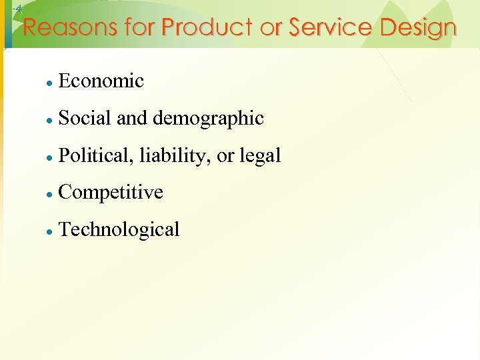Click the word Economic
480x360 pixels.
(101, 81)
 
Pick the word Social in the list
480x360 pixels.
(85, 119)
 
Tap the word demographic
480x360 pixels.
(208, 119)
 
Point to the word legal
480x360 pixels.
(260, 157)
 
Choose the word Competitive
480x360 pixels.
(111, 193)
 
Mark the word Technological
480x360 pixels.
(119, 230)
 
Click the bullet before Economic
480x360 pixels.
(49, 83)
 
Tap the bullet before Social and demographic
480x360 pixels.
(49, 120)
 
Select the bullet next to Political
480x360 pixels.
(49, 157)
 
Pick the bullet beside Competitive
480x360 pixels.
(49, 194)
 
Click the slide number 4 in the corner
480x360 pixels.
(18, 8)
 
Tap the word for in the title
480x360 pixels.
(139, 28)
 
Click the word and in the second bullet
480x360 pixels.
(133, 119)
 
